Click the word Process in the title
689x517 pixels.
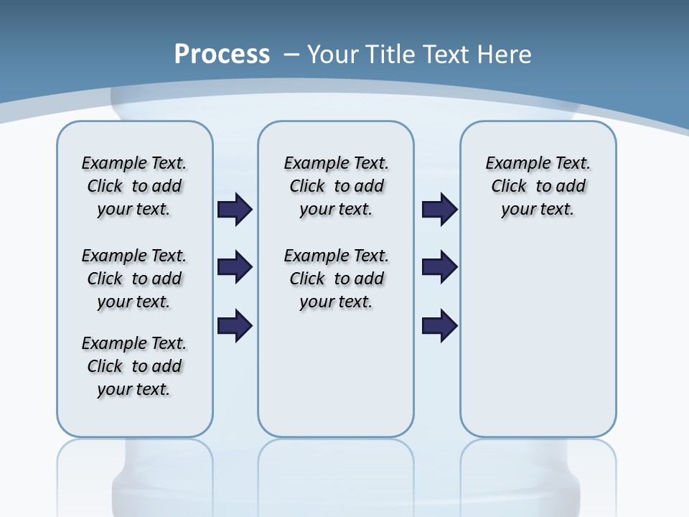222,54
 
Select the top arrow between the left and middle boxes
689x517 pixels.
235,210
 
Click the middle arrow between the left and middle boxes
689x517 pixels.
235,267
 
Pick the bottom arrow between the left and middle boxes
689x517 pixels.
235,325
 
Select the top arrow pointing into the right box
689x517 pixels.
440,210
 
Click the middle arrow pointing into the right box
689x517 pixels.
440,267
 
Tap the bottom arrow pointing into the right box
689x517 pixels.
440,325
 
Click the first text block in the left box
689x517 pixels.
134,186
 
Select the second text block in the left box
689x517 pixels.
134,279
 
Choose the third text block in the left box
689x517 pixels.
134,366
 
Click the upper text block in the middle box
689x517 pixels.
336,186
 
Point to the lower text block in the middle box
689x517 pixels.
336,279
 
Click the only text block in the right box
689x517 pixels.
538,186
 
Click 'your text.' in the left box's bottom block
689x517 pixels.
134,389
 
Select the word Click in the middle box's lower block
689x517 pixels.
307,279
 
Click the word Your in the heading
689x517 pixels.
334,55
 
